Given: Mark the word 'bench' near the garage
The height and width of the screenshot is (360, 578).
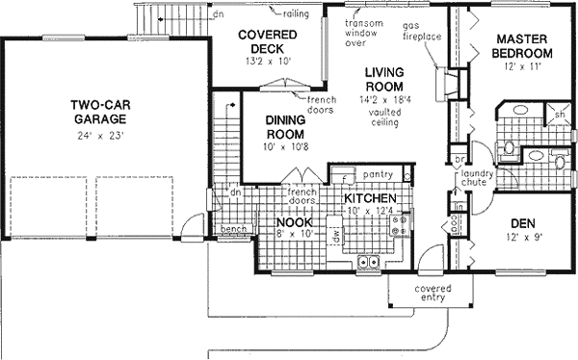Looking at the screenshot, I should (x=233, y=229).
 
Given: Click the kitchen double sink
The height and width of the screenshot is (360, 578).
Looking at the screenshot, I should (x=368, y=261).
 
